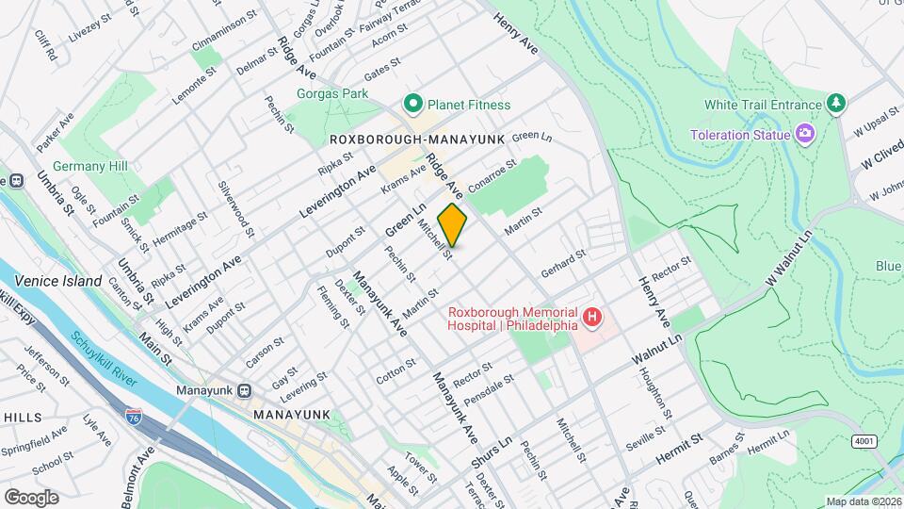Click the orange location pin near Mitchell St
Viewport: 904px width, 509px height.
coord(452,225)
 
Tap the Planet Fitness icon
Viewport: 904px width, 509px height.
coord(412,104)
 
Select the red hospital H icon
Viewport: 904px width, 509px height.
coord(591,319)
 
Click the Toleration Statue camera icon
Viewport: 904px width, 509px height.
coord(805,134)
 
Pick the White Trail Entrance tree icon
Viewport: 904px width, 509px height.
coord(834,103)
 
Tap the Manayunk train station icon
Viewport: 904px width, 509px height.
coord(244,390)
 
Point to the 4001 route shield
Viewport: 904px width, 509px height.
coord(863,441)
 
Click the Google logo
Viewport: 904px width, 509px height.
coord(31,497)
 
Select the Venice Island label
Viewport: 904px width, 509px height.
coord(57,281)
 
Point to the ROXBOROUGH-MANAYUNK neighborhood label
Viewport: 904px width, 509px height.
coord(417,139)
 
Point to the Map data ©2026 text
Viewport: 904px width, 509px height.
coord(863,501)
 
